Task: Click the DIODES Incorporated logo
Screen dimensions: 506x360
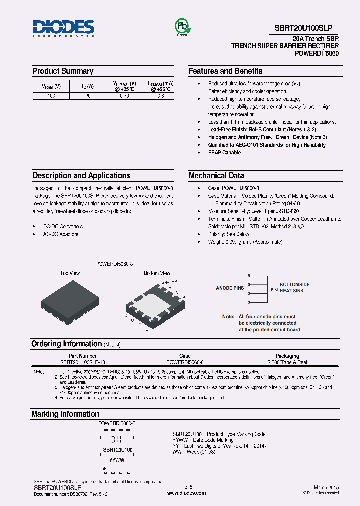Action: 64,28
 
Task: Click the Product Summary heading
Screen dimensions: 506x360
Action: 63,71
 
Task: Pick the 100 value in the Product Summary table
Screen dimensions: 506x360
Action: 51,96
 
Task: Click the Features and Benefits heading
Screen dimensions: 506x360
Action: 225,71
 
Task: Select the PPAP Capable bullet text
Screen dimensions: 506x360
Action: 224,153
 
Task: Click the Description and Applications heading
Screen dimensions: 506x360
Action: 81,176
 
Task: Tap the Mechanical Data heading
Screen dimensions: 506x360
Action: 216,176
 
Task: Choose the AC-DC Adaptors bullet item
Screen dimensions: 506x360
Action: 61,234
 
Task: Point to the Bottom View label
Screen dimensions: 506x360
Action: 157,273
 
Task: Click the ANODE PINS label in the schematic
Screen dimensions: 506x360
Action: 230,288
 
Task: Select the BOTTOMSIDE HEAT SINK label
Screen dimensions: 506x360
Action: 294,287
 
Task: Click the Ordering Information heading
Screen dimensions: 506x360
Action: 66,344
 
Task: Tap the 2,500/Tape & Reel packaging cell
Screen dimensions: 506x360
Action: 287,361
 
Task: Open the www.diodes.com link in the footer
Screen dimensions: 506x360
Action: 186,493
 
